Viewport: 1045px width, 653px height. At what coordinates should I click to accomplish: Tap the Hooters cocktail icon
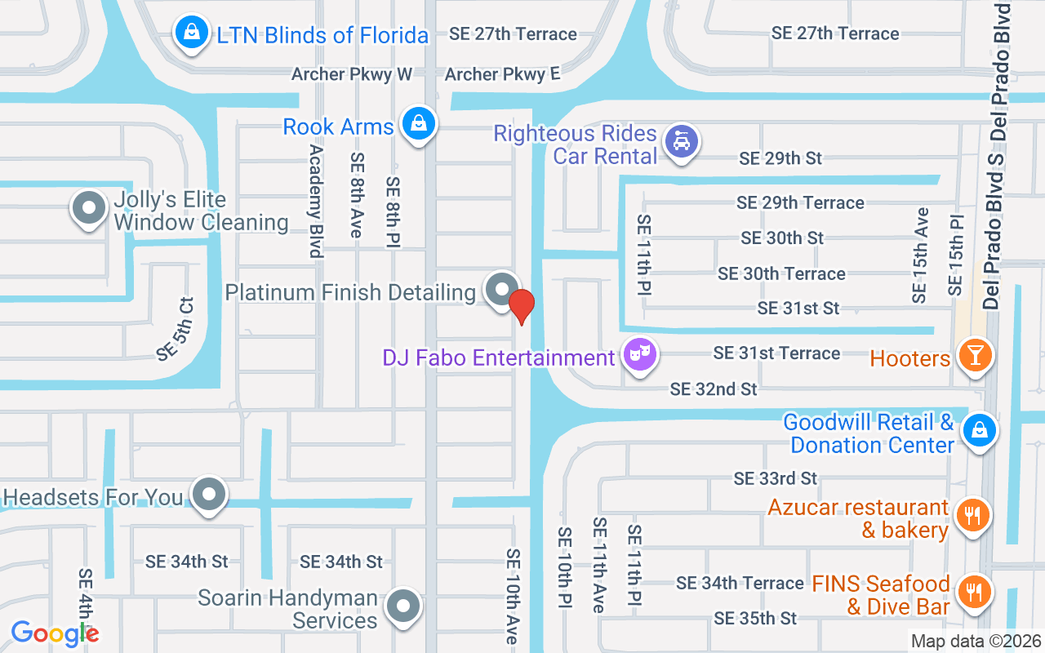pos(975,356)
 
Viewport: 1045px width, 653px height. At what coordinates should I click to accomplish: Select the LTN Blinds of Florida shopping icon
pos(191,34)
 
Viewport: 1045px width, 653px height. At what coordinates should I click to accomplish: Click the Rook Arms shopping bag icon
pos(419,124)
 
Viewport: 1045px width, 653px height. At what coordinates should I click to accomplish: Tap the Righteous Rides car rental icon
pos(680,141)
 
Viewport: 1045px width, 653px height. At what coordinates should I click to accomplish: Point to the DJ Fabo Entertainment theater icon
pos(641,355)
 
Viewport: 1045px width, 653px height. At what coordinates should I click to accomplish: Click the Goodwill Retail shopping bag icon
pos(979,431)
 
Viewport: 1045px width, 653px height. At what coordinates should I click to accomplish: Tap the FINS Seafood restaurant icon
pos(972,591)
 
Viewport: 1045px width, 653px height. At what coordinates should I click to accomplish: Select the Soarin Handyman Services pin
pos(402,606)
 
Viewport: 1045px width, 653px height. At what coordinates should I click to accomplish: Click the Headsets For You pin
pos(210,495)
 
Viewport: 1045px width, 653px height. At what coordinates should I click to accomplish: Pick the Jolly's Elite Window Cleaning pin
pos(89,208)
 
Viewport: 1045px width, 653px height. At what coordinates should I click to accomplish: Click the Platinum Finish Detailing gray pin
pos(500,290)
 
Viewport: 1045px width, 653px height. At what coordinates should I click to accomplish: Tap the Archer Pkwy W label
pos(352,74)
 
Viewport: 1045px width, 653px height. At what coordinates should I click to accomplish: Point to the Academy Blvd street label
pos(316,202)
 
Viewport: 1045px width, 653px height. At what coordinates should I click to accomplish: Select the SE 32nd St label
pos(714,389)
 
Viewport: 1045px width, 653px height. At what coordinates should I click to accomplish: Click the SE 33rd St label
pos(775,478)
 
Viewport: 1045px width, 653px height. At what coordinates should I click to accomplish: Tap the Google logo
pos(55,633)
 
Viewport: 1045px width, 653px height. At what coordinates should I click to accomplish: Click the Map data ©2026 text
pos(975,642)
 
